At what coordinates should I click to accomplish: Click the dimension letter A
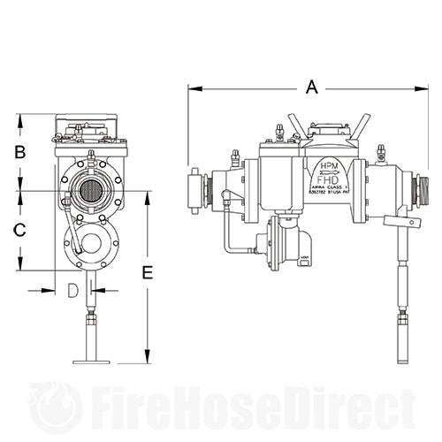[x=309, y=87]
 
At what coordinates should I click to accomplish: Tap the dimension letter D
[x=74, y=290]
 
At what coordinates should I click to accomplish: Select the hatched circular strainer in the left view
[x=88, y=191]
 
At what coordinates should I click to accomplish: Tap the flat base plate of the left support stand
[x=91, y=361]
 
